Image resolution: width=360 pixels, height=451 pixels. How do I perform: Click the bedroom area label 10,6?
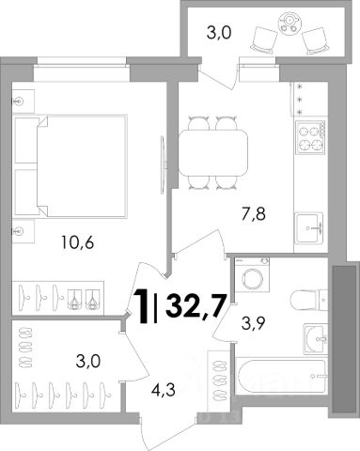(x=78, y=243)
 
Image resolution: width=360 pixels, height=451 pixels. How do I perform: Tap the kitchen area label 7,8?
(x=254, y=215)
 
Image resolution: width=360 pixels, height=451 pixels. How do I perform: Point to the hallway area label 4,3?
(x=163, y=391)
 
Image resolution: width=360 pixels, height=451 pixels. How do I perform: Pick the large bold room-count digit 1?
(x=142, y=305)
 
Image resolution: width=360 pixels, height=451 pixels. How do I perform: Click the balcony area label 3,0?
(x=219, y=33)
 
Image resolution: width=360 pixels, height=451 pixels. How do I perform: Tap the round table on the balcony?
(x=290, y=22)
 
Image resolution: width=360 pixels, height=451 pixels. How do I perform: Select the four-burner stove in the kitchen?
(x=310, y=137)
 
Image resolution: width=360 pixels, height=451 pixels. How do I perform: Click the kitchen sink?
(x=310, y=227)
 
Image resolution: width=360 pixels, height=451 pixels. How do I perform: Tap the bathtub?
(x=280, y=378)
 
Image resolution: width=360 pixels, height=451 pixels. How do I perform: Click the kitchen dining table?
(x=213, y=152)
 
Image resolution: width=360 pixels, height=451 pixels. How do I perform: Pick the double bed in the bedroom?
(x=70, y=165)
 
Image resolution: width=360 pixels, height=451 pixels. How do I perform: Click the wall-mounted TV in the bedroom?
(x=163, y=164)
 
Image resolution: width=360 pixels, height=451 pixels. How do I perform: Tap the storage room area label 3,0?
(x=88, y=362)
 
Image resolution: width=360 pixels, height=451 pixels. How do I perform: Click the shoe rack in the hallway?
(x=218, y=380)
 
